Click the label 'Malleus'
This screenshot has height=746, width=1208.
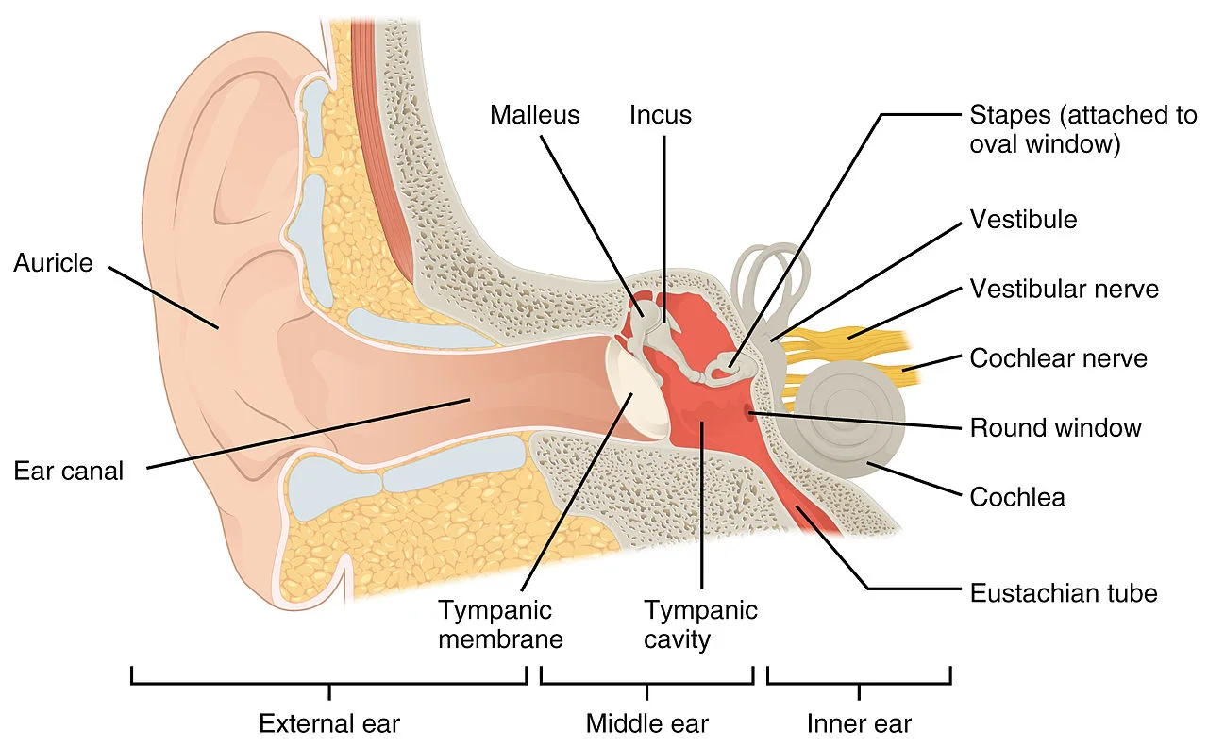(x=534, y=115)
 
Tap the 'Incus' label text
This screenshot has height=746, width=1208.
(x=661, y=115)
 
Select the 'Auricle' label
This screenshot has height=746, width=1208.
(x=53, y=263)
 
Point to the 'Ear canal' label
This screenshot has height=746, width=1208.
(x=68, y=471)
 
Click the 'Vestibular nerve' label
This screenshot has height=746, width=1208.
(x=1064, y=289)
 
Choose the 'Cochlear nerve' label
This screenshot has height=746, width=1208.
(x=1058, y=358)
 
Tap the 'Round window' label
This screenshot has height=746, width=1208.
(x=1055, y=428)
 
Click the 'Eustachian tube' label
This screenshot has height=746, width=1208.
(x=1063, y=593)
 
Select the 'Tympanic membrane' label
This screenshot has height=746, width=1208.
(x=500, y=624)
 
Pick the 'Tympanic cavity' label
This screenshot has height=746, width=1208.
(x=700, y=624)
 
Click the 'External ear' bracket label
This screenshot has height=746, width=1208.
(x=329, y=723)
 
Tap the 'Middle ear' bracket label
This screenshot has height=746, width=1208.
(x=646, y=723)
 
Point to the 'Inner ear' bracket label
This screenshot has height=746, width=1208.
(x=859, y=723)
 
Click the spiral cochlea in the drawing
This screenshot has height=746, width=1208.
(x=846, y=420)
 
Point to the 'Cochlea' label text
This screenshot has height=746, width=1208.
(x=1017, y=497)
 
